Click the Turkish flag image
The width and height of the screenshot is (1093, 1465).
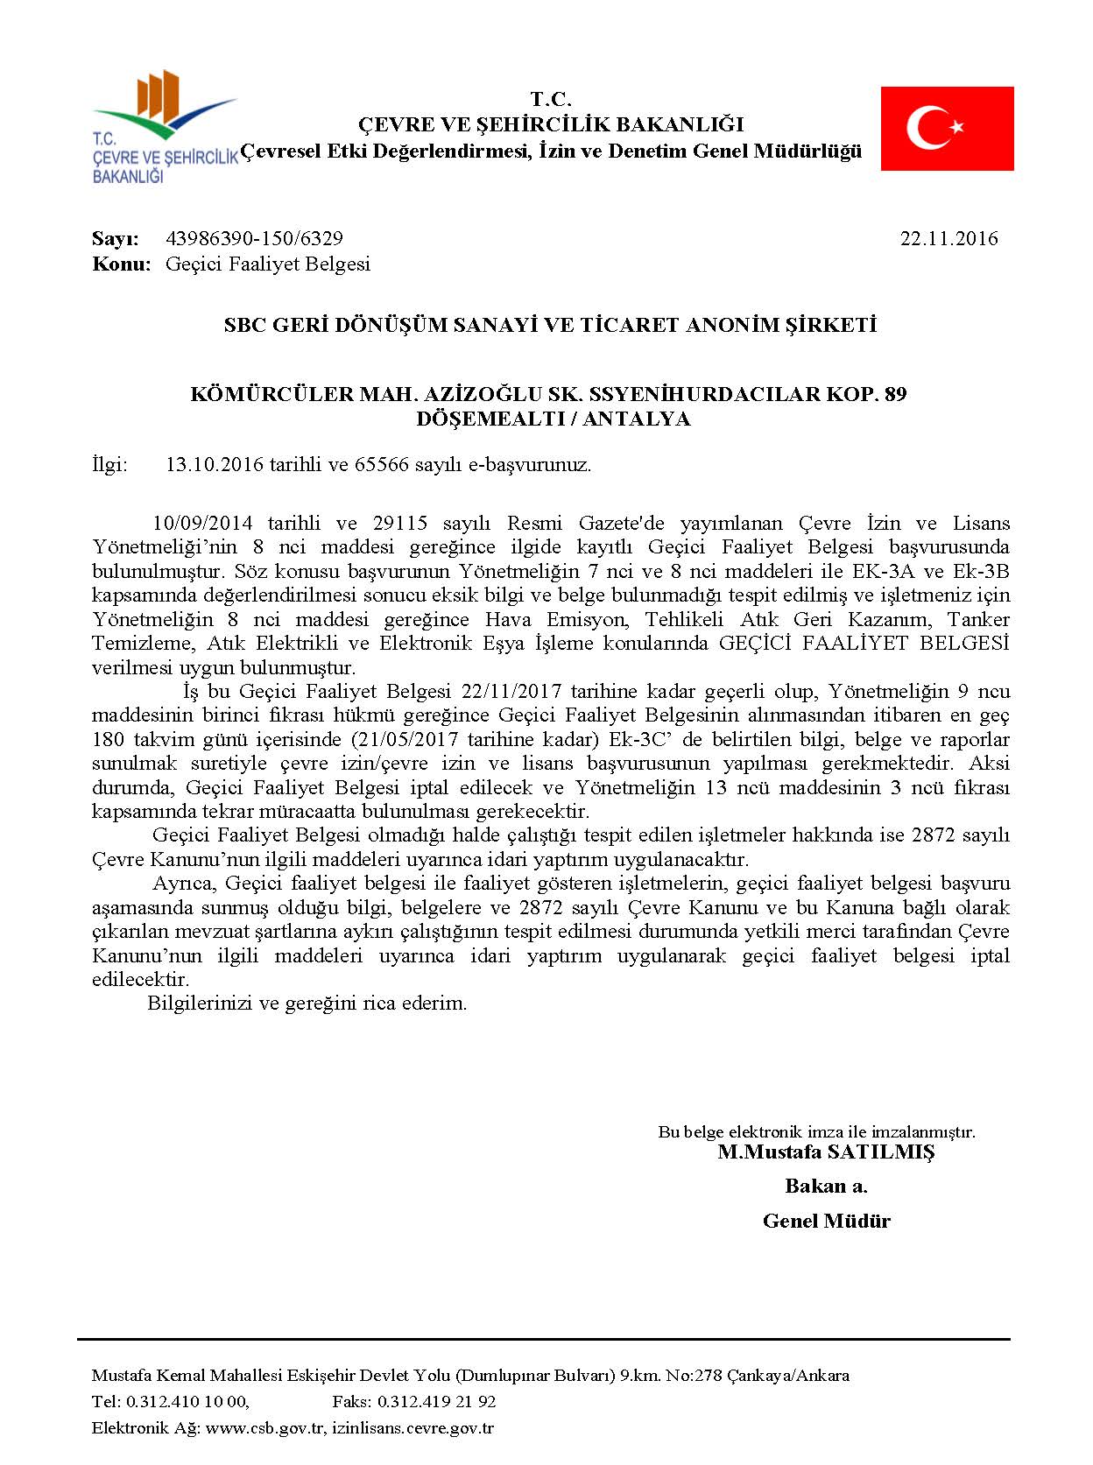click(947, 128)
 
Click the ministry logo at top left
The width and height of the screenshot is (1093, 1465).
click(163, 128)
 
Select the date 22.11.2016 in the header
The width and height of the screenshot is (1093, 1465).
click(948, 238)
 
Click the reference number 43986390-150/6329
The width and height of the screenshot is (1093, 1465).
click(254, 238)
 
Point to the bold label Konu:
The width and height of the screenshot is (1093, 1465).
click(122, 264)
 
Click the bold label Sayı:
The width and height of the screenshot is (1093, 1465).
click(116, 238)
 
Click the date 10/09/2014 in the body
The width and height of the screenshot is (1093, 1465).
click(202, 524)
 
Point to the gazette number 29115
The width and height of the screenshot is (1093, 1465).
click(399, 524)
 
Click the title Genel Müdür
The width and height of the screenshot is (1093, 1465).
click(826, 1221)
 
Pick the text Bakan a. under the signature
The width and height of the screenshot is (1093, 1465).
click(826, 1187)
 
